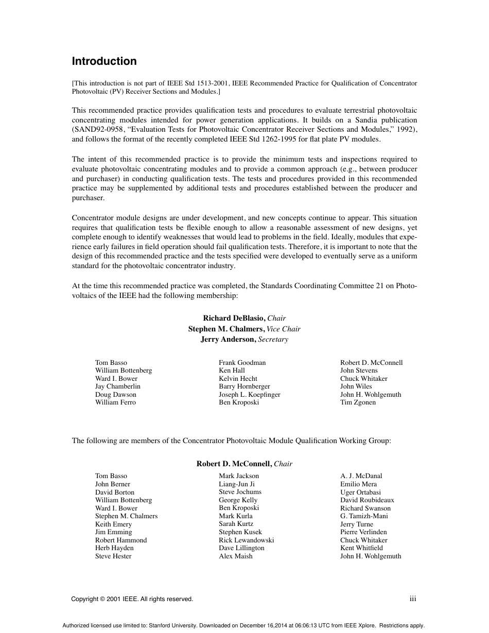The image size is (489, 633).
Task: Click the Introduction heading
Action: coord(104,61)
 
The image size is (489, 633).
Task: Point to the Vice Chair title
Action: coord(284,329)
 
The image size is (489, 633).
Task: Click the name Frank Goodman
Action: coord(242,363)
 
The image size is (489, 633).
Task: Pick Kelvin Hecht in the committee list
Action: coord(238,379)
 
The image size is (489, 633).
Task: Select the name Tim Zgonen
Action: coord(358,402)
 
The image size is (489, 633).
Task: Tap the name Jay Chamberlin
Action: coord(117,386)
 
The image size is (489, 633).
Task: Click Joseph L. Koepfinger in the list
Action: coord(249,395)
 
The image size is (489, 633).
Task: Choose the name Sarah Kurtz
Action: coord(236,524)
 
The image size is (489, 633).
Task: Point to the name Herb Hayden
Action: coord(114,548)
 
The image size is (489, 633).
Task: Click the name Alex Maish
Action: coord(235,556)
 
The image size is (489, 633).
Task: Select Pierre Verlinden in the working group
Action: coord(363,532)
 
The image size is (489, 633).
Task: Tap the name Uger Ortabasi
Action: coord(360,493)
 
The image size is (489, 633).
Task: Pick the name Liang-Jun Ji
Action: coord(236,484)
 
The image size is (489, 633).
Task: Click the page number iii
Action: coord(412,599)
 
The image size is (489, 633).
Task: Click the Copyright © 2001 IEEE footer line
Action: coord(132,599)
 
